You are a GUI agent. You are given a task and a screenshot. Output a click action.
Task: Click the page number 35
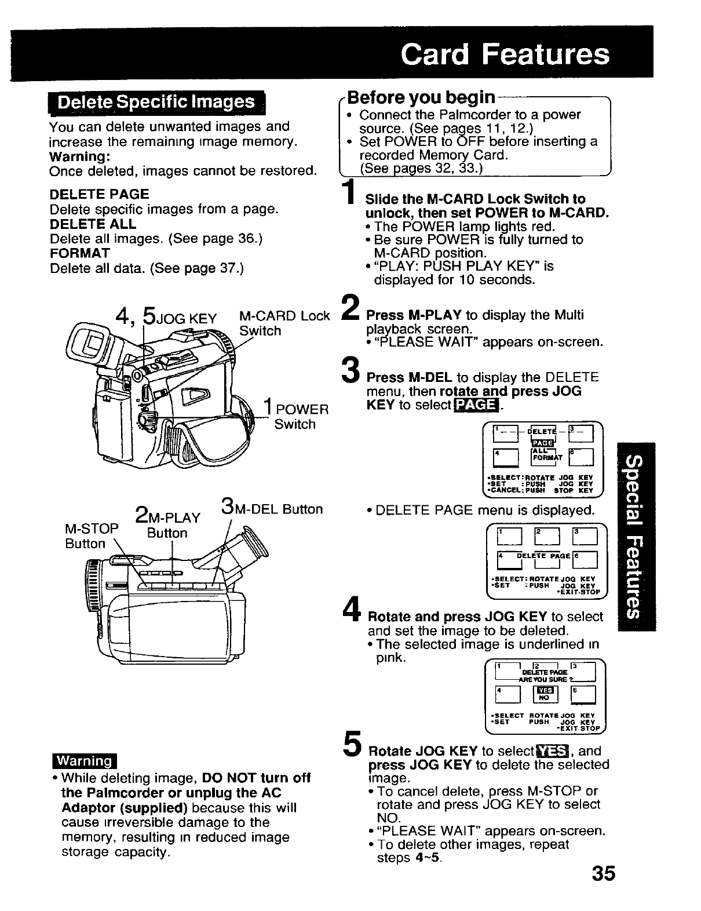pos(603,874)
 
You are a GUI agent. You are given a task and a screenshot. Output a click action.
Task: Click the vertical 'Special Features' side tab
pos(636,535)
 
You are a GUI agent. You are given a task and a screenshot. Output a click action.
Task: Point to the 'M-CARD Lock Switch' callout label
pos(284,323)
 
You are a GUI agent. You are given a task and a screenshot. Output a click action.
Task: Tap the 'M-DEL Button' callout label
pos(272,509)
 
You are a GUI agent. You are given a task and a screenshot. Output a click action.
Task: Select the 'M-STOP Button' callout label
pos(91,535)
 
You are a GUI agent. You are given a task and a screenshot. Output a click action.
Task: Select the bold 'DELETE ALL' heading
pos(93,224)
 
